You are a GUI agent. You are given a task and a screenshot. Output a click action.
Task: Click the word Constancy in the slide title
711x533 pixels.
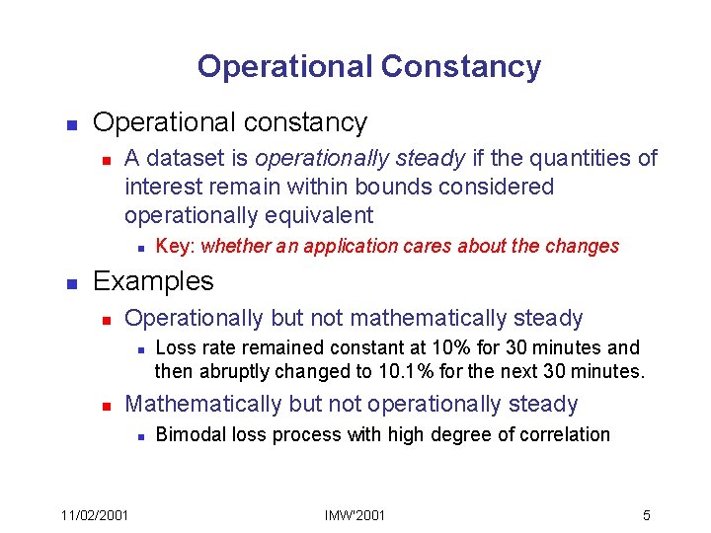(x=460, y=66)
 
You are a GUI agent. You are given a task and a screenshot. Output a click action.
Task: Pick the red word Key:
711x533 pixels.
(x=176, y=246)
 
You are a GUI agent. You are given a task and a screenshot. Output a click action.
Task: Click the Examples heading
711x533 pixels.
(x=153, y=281)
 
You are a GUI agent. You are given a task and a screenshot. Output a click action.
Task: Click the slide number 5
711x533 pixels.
(x=646, y=515)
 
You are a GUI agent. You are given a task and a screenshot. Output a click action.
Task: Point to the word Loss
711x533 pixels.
(x=175, y=347)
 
